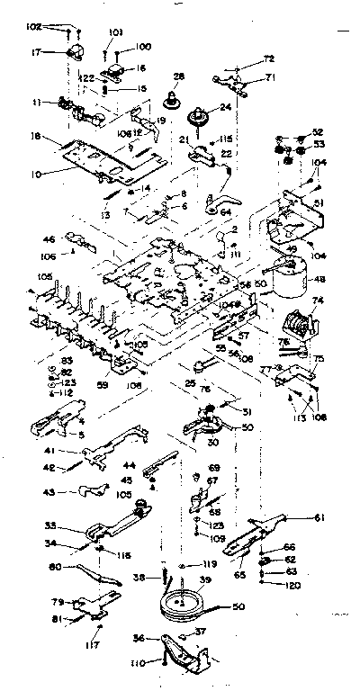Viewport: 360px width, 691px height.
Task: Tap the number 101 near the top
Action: coord(115,32)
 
